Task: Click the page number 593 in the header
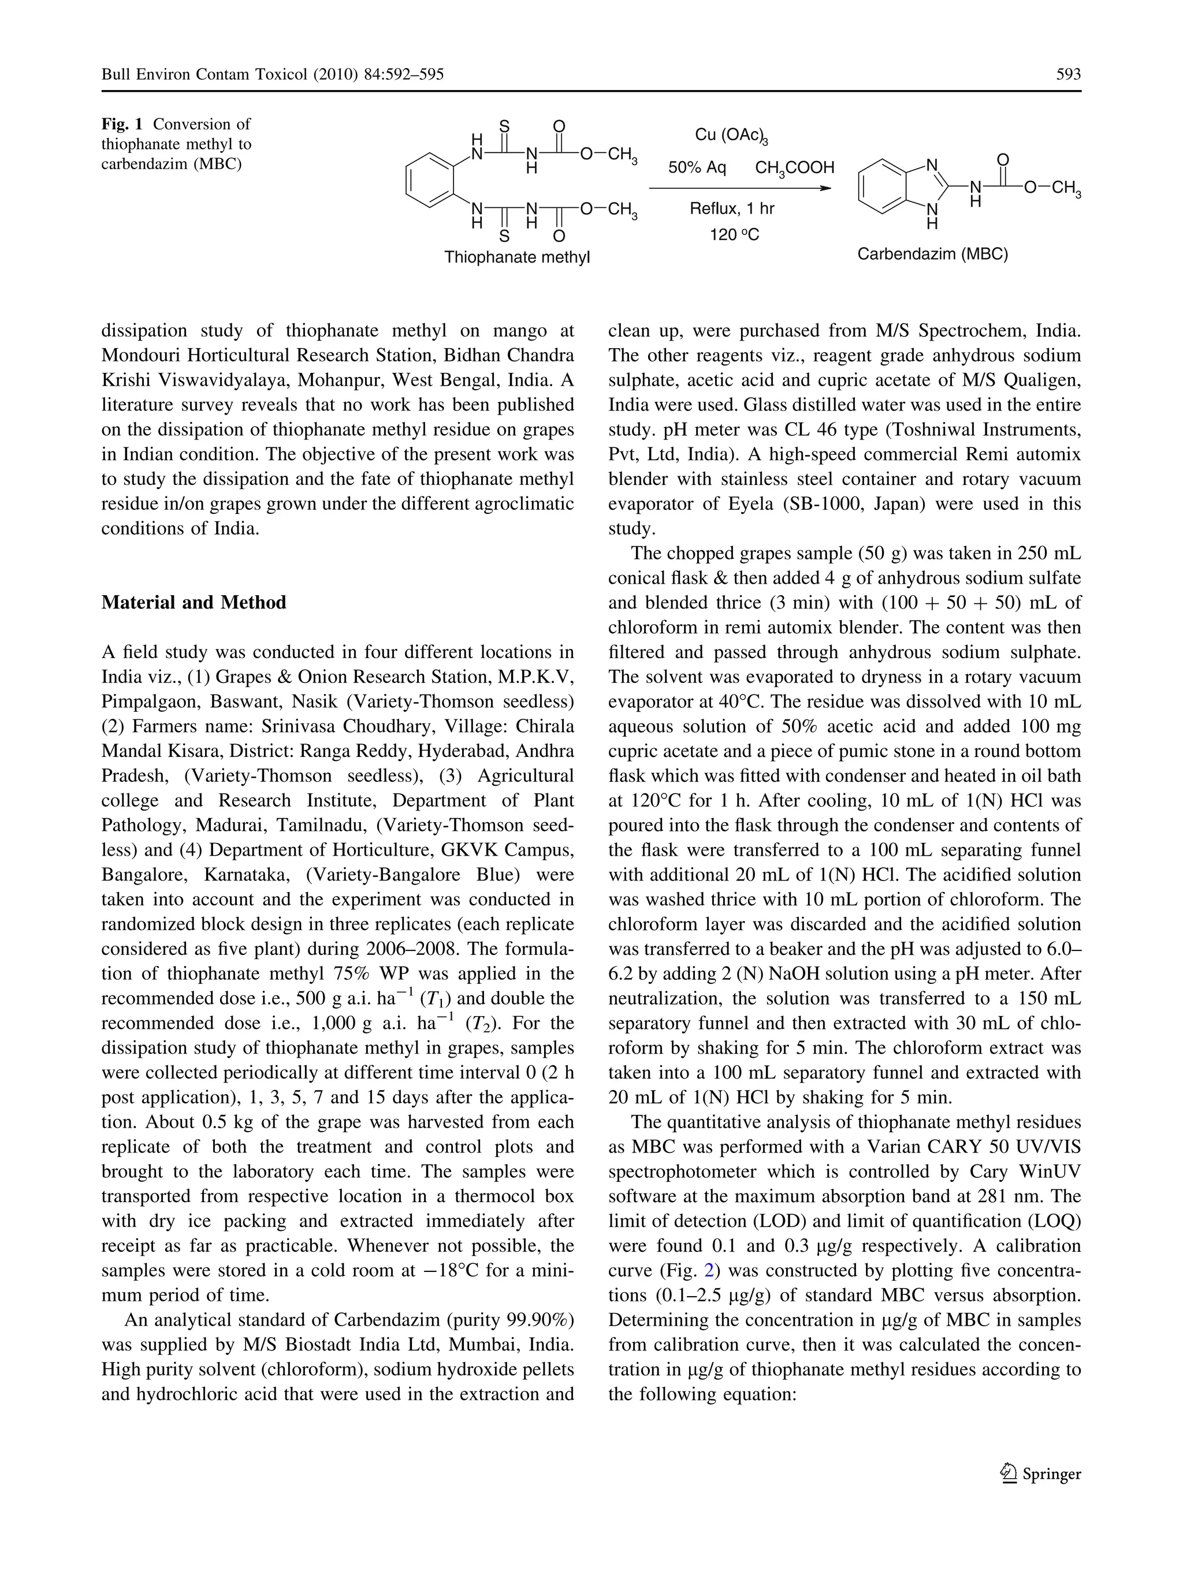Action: coord(1068,74)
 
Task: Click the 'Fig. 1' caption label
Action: coord(122,124)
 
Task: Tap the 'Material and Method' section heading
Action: coord(194,602)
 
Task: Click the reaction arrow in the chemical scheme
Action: coord(739,188)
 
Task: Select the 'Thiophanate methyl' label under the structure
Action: coord(516,257)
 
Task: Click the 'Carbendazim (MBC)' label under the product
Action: coord(932,254)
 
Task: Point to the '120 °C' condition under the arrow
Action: coord(734,234)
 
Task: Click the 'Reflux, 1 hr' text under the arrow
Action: coord(732,209)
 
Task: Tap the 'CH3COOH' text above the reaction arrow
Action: coord(794,169)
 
